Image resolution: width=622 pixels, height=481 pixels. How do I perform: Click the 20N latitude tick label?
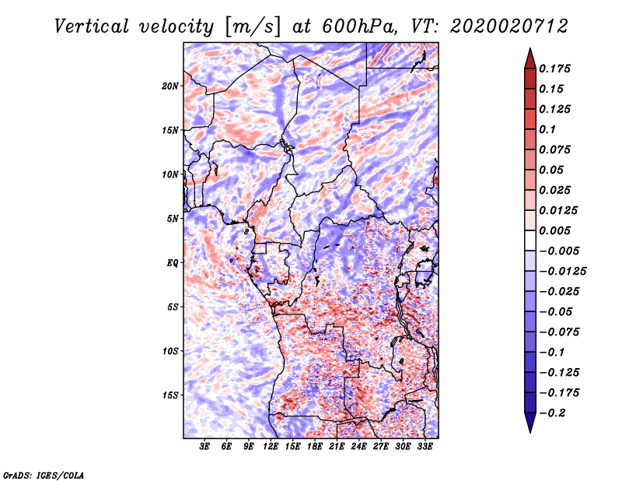(x=169, y=86)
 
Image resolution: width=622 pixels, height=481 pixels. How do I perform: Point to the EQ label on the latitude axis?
(x=173, y=263)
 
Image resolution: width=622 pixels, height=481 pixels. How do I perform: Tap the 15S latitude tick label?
(x=169, y=395)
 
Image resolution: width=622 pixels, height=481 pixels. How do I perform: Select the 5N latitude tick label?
(x=172, y=219)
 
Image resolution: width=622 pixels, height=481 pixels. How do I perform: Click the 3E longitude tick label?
(x=205, y=448)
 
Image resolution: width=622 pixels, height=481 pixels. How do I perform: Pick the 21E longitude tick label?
(x=337, y=448)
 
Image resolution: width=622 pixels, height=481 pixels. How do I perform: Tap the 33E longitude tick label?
(x=425, y=448)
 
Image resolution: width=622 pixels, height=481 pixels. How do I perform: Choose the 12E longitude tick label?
(x=271, y=448)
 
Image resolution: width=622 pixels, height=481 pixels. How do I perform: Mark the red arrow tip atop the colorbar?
(x=529, y=53)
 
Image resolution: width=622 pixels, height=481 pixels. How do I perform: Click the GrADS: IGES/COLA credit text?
(x=44, y=474)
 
